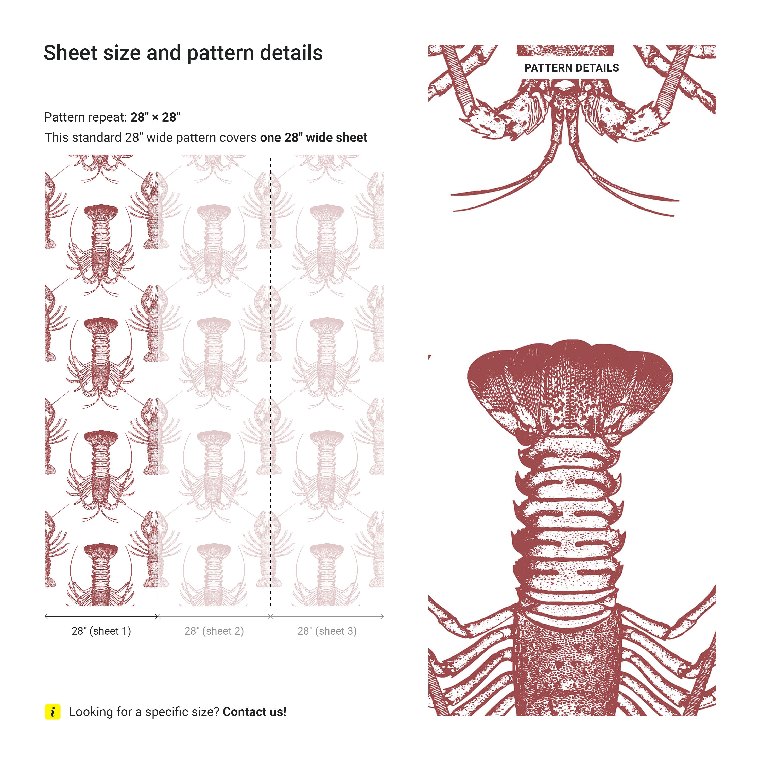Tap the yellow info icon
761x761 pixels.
(53, 712)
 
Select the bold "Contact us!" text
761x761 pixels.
(254, 712)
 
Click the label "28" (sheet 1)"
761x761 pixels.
(101, 631)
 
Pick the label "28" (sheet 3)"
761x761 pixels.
(327, 631)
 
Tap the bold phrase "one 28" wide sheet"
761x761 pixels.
(314, 137)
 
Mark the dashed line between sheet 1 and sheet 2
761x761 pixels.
(158, 380)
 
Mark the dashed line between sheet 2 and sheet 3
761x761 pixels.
(271, 380)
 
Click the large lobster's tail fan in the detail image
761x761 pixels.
(570, 388)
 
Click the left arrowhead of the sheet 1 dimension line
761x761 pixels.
(46, 616)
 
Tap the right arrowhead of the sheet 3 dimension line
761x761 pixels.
(382, 616)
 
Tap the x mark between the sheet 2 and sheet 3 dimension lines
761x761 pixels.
(271, 616)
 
